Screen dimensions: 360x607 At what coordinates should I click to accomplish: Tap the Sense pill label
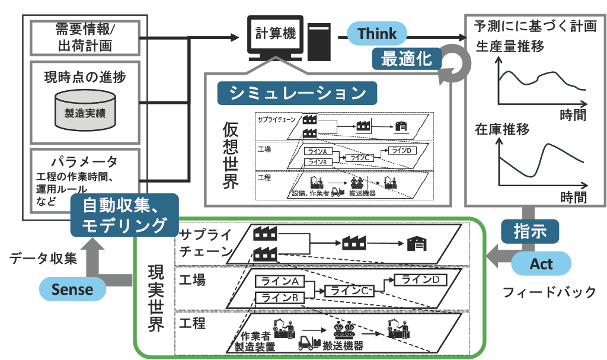click(72, 289)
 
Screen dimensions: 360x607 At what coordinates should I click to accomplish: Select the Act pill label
click(541, 263)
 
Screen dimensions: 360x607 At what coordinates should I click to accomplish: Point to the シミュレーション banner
click(296, 93)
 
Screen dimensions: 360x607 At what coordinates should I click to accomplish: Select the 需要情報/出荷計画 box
click(84, 37)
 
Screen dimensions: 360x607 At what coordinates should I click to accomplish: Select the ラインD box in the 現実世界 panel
click(420, 279)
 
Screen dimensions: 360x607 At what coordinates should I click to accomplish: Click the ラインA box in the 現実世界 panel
click(279, 281)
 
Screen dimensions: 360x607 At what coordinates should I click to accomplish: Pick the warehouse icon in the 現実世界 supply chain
click(416, 243)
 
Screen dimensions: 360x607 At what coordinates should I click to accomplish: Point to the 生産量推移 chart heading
click(510, 47)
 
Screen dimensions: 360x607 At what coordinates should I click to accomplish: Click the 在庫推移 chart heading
click(502, 129)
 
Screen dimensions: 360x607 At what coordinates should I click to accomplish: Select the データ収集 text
click(43, 258)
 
